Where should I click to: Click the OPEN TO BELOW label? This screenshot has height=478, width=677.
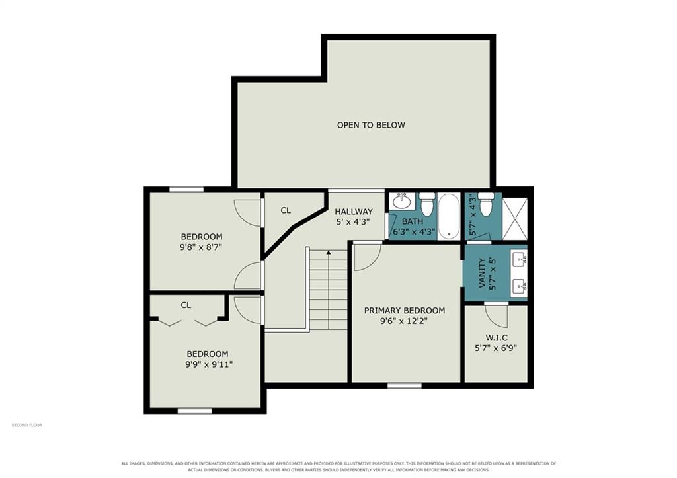[371, 125]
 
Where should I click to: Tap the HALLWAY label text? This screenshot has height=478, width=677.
[354, 212]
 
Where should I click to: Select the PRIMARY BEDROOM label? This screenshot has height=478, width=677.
[405, 311]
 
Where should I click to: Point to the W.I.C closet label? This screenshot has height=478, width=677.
[495, 338]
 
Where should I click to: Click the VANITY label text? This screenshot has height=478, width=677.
[482, 273]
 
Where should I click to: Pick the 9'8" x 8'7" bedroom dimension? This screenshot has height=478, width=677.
[201, 247]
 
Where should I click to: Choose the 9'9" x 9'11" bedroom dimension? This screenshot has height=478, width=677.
[209, 364]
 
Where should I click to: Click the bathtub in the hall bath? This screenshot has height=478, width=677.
[449, 216]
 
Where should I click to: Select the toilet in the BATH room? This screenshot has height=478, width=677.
[427, 204]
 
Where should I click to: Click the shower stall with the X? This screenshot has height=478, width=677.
[514, 218]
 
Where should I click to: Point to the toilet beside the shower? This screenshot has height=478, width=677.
[486, 205]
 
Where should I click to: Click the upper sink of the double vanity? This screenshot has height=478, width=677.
[518, 259]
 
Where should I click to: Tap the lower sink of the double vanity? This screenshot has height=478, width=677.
[518, 286]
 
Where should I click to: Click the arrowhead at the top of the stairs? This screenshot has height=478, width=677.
[329, 252]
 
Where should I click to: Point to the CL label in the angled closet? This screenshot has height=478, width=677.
[286, 210]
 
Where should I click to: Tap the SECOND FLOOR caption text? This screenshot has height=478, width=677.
[26, 425]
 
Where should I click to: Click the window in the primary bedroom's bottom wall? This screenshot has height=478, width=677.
[405, 385]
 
